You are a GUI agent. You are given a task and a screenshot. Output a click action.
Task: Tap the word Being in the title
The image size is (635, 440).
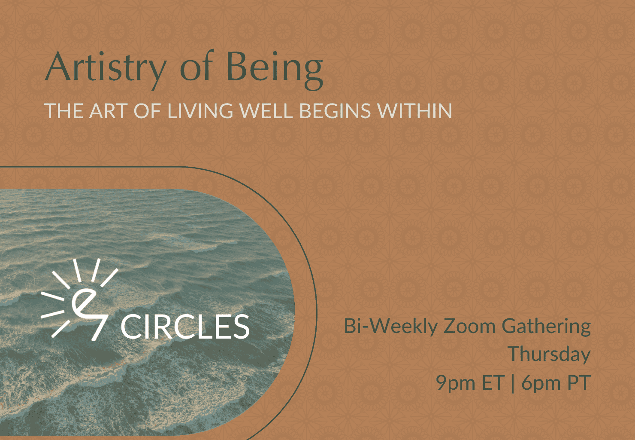coord(275,70)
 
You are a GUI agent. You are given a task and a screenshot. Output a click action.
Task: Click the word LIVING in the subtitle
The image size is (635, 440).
coord(200,110)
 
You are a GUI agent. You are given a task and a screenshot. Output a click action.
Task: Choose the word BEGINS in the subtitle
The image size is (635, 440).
coord(335,110)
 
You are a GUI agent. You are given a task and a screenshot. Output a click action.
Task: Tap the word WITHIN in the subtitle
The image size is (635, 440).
coord(414,110)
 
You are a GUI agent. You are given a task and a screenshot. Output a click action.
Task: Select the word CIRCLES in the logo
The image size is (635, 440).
coord(185,327)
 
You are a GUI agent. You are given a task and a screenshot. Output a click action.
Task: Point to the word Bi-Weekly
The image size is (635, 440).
coord(391,327)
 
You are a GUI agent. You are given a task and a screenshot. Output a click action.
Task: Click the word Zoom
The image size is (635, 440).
coord(469,326)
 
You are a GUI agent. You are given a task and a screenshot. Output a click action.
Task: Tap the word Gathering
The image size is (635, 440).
coord(546,327)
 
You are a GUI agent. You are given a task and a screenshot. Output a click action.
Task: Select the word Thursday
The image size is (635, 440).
coord(549,354)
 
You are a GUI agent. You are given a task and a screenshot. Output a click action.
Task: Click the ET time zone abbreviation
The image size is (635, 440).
coord(493,382)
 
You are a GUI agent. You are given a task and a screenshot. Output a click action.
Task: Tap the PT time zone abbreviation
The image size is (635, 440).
coord(579,382)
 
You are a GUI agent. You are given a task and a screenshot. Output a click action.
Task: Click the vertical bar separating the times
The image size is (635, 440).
coord(513,383)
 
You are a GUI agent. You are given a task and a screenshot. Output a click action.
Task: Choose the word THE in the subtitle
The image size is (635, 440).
coord(64,110)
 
